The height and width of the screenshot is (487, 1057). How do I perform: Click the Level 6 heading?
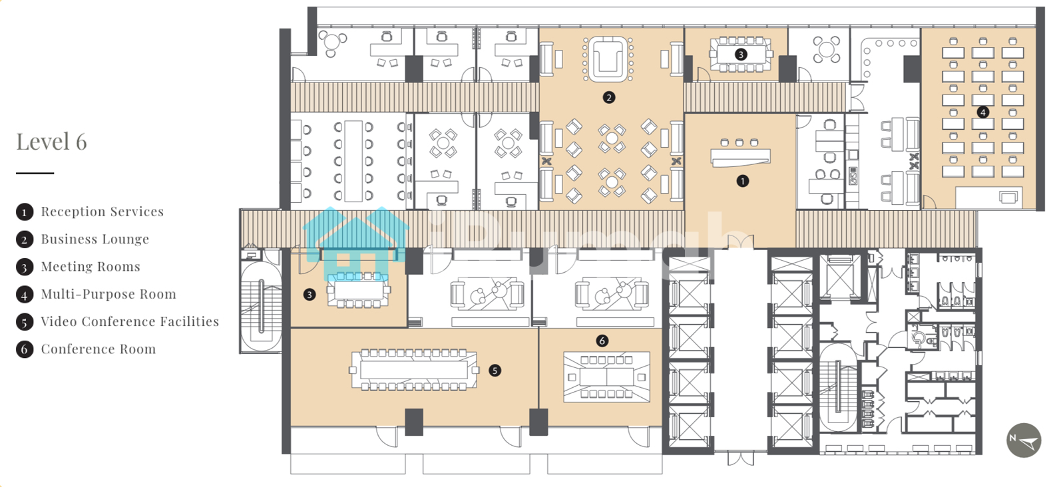[x=51, y=142]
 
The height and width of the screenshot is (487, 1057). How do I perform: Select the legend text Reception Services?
[x=103, y=212]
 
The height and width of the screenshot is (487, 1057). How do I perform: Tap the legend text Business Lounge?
[x=95, y=239]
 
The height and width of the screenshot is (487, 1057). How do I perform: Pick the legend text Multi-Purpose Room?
[x=108, y=294]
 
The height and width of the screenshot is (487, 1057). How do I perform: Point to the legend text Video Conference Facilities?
[x=130, y=321]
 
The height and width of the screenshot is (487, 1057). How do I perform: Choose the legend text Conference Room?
[x=98, y=349]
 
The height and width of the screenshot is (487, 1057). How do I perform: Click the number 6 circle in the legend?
[x=25, y=349]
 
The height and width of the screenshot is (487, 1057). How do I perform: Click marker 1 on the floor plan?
[x=742, y=181]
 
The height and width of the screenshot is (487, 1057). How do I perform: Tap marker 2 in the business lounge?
[x=609, y=98]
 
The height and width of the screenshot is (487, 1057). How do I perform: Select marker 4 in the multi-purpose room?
[x=983, y=112]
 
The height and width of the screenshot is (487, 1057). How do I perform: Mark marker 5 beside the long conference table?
[x=495, y=371]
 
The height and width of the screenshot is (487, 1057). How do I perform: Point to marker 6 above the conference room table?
[x=602, y=341]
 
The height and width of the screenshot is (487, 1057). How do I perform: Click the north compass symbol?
[x=1024, y=440]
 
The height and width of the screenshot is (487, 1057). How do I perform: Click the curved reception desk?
[x=740, y=158]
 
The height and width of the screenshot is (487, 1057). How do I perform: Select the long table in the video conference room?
[x=414, y=370]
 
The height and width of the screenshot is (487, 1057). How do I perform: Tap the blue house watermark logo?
[x=356, y=244]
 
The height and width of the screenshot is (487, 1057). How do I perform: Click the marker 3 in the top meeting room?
[x=740, y=55]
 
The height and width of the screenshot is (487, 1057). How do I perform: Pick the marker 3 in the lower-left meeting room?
[x=309, y=295]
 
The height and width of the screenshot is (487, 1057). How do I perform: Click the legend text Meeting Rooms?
[x=91, y=267]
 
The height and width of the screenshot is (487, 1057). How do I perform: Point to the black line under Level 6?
[x=35, y=173]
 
